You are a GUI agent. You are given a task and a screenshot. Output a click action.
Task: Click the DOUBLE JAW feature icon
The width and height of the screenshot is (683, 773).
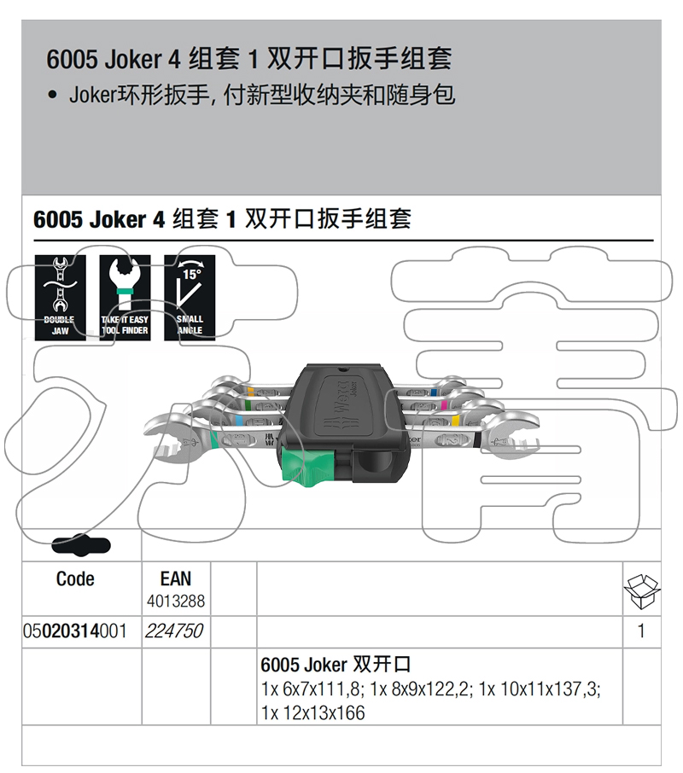(x=60, y=298)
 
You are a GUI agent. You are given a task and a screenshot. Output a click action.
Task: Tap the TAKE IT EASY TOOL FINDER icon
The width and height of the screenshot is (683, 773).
(x=125, y=298)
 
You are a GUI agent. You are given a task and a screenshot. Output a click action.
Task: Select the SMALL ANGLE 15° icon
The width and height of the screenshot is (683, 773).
(x=190, y=298)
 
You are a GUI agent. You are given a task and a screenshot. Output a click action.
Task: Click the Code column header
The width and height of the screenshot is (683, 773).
(x=75, y=579)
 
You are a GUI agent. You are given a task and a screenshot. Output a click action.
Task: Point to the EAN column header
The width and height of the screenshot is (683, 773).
(x=176, y=579)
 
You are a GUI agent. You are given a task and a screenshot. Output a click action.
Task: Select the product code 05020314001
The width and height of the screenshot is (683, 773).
(x=75, y=632)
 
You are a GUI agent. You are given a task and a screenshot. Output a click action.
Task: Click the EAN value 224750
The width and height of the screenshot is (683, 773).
(x=176, y=632)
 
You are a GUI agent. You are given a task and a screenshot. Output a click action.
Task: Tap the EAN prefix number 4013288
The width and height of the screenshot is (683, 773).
(x=176, y=602)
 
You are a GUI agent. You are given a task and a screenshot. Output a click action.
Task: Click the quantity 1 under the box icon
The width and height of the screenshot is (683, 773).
(x=641, y=632)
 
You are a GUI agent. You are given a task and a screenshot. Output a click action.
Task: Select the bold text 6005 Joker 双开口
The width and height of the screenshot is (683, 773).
(x=336, y=665)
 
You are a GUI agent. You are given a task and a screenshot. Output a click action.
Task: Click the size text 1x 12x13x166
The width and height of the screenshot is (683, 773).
(x=313, y=712)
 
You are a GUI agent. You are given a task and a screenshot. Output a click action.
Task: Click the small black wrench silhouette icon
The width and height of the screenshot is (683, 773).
(x=81, y=544)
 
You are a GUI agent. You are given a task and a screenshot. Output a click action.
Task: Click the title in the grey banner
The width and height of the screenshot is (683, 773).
(x=248, y=59)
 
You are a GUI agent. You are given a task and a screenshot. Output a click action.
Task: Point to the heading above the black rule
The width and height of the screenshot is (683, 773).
(x=222, y=219)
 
